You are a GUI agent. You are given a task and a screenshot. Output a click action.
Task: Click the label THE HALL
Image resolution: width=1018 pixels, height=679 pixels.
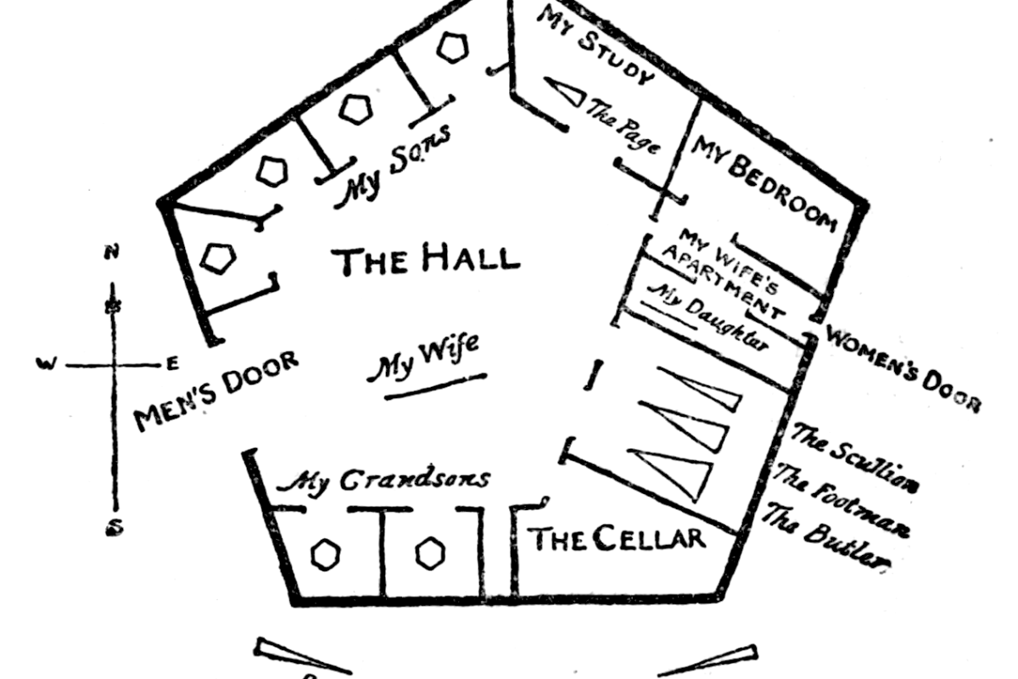coord(428,259)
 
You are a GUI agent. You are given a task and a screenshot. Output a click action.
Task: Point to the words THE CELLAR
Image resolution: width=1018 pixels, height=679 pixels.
coord(617,538)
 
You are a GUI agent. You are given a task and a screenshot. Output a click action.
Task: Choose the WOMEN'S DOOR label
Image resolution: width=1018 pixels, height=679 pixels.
coord(903,368)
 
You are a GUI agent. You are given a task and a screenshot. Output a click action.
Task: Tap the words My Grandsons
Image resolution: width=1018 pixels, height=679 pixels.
coord(385,480)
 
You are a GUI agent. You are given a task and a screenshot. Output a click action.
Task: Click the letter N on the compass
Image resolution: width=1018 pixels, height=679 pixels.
coord(110,251)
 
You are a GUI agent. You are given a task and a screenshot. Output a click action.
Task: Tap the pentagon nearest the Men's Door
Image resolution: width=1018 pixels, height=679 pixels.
coord(218,258)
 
